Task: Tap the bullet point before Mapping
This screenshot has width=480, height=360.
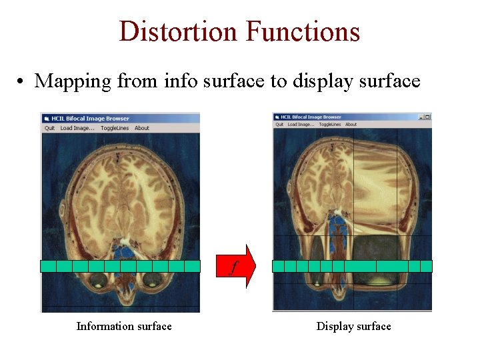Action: click(x=22, y=82)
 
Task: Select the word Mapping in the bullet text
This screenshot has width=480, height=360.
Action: click(x=73, y=81)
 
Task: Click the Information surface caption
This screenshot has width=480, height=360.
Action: click(x=124, y=326)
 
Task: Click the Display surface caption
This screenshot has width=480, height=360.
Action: click(x=353, y=326)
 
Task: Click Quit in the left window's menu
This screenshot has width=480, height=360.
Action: click(x=50, y=128)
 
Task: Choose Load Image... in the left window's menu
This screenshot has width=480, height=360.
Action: click(x=77, y=128)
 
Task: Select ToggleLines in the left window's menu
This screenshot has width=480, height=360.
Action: click(x=115, y=128)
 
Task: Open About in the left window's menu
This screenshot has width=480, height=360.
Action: click(x=142, y=128)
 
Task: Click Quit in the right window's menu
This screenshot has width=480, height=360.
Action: click(x=280, y=124)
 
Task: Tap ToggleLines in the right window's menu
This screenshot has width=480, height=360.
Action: click(x=329, y=124)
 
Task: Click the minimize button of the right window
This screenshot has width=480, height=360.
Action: click(x=421, y=117)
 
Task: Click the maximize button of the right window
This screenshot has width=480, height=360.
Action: click(x=427, y=117)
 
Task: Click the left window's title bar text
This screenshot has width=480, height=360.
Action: click(x=91, y=119)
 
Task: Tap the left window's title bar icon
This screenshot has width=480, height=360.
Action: click(x=47, y=119)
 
